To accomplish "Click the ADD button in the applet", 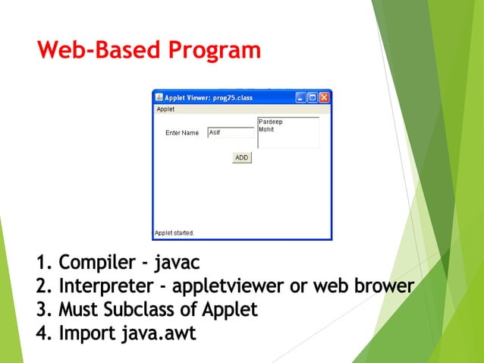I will [241, 158].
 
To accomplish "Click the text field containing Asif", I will [231, 132].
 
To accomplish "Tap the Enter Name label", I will [182, 133].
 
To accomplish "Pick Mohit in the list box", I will [266, 129].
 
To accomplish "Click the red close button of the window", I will [324, 97].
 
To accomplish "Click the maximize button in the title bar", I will [313, 97].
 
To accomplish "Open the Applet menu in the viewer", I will [165, 109].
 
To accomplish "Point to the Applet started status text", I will [174, 232].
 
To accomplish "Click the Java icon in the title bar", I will [159, 97].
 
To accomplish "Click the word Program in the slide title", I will [214, 51].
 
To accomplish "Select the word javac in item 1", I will [177, 263].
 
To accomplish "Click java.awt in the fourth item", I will [159, 333].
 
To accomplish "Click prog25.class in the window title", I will [231, 98].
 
